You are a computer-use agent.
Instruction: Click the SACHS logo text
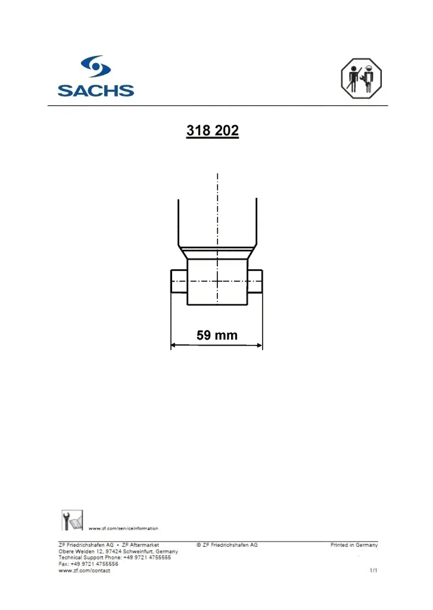coord(95,91)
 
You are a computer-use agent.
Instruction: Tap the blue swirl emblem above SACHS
coord(95,67)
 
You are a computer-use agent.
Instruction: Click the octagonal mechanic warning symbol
coord(360,78)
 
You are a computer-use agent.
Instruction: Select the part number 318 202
coord(213,131)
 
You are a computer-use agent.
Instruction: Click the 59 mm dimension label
coord(217,335)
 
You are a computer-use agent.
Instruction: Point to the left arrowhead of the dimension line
coord(174,344)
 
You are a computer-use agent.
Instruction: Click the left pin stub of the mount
coord(179,281)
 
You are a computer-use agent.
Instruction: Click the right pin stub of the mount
coord(256,281)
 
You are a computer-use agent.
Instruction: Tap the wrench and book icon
coord(71,520)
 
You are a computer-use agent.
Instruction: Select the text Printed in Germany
coord(354,545)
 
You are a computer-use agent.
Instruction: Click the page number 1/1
coord(373,571)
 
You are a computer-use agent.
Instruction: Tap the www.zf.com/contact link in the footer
coord(84,571)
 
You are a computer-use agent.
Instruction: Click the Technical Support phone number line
coord(114,558)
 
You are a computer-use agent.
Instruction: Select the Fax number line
coord(88,564)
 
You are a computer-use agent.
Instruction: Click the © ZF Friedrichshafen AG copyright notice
coord(227,545)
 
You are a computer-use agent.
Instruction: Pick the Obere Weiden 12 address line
coord(118,552)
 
